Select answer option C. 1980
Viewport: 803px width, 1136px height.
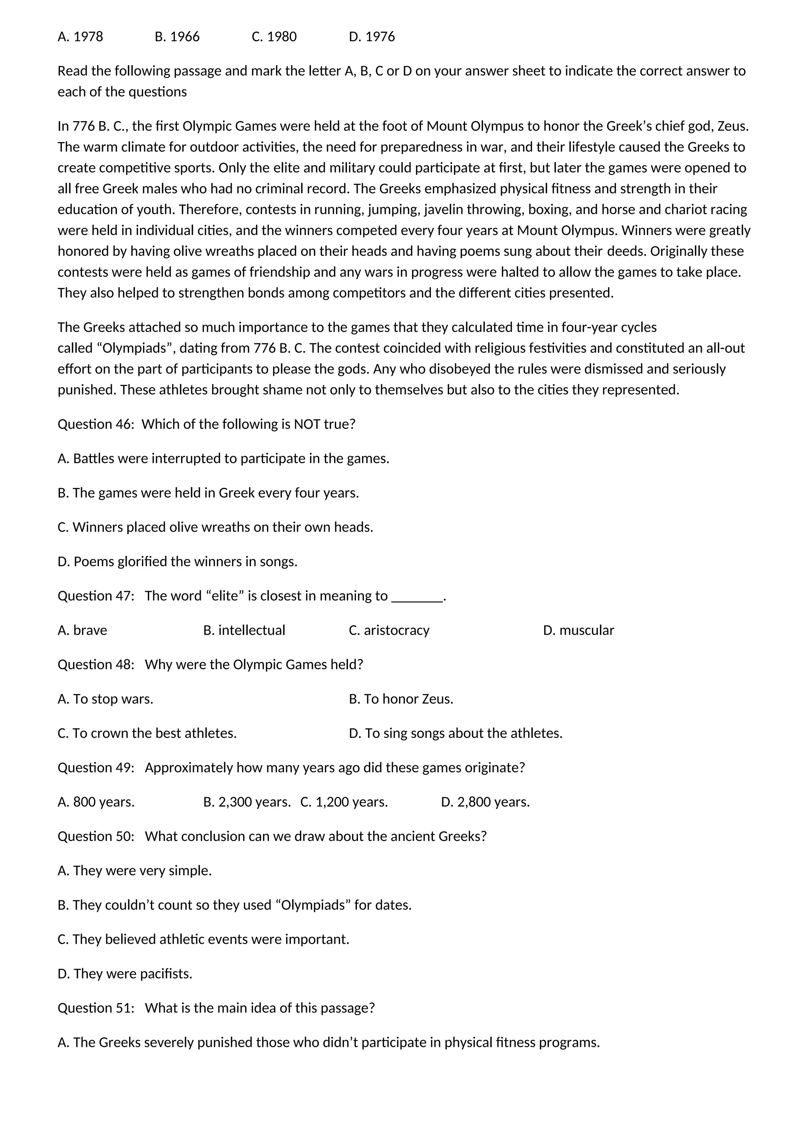click(x=274, y=36)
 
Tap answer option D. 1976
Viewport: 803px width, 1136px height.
click(x=372, y=36)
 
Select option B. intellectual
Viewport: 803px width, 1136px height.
click(x=244, y=630)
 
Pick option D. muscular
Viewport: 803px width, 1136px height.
click(x=578, y=630)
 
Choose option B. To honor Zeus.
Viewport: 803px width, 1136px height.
click(x=401, y=699)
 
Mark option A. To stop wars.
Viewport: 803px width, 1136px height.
click(x=105, y=699)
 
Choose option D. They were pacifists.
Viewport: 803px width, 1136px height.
click(x=125, y=974)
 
